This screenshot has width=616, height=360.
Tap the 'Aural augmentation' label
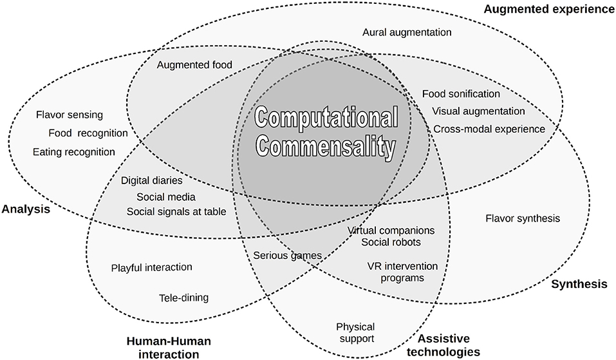[407, 32]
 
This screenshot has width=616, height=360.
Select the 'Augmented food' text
[194, 64]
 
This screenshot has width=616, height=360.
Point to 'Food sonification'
[461, 94]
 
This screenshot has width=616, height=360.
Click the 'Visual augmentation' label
[478, 111]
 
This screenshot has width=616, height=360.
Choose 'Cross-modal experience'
[489, 128]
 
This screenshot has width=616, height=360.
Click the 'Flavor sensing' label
[70, 115]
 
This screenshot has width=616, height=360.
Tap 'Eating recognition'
[74, 152]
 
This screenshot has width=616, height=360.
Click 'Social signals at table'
[176, 211]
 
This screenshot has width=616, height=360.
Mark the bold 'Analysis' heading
[26, 209]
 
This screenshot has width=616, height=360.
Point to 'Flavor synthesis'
[522, 218]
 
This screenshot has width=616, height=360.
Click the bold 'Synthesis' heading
[579, 284]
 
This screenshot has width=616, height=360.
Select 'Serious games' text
[286, 255]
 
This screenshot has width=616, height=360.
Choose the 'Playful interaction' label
[151, 267]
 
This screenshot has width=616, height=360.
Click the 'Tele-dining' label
[183, 298]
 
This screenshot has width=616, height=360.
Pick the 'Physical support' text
[355, 333]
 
